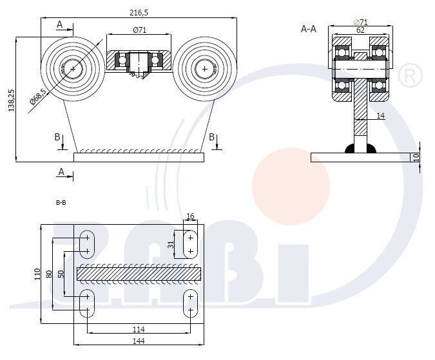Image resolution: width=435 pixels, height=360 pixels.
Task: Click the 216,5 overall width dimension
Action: pos(139,12)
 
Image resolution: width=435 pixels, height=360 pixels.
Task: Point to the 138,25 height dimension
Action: pos(10,100)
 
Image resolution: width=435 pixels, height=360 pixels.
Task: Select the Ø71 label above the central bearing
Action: pos(139,30)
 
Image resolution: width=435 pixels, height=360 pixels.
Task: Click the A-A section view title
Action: pos(309,29)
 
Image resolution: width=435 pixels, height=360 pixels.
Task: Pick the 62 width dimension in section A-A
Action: pos(360,30)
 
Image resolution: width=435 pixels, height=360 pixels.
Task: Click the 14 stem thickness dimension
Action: pos(380,115)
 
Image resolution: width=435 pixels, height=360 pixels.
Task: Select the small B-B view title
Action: pos(61,202)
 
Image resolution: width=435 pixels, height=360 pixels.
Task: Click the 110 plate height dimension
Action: pos(37,274)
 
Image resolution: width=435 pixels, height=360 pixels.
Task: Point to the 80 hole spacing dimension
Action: pos(49,274)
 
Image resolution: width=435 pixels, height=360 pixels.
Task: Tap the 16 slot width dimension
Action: pos(190,216)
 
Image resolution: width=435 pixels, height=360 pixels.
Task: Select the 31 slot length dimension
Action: pos(171,244)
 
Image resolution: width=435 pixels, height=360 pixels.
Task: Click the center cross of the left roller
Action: pos(73,68)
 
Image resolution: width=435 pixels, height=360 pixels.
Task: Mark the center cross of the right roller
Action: pos(205,68)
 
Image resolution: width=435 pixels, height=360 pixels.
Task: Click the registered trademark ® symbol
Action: pos(410,76)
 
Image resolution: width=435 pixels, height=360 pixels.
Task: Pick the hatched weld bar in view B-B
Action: pos(139,274)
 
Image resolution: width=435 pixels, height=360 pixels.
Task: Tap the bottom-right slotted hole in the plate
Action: pos(190,303)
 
